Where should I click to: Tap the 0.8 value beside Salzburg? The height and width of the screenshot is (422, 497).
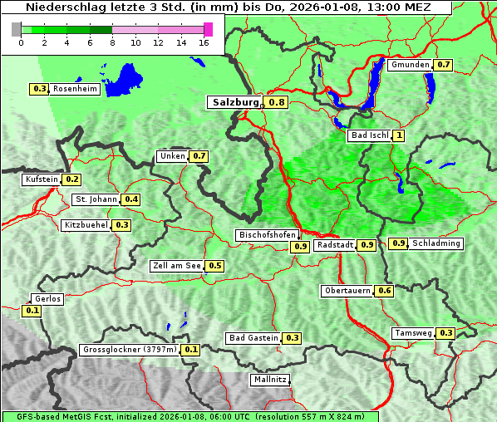coord(277,102)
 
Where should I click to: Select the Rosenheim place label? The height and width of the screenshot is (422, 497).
coord(75,89)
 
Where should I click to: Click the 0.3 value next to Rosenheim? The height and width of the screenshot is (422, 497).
coord(39,89)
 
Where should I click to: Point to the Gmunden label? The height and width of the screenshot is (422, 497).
coord(410,65)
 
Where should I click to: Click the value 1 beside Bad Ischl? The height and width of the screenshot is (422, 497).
coord(399,135)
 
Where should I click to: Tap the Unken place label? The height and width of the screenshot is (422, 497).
coord(173,156)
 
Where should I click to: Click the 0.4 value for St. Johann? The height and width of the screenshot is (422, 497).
coord(131,199)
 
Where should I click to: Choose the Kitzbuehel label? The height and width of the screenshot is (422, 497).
coord(86,225)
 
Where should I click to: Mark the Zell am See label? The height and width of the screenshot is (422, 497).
coord(177,266)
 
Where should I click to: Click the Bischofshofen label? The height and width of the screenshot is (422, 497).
coord(266,236)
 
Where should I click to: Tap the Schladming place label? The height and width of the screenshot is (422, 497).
coord(436,243)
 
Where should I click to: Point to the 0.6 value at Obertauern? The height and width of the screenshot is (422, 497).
coord(384,291)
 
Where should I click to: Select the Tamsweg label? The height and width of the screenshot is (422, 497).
coord(413,333)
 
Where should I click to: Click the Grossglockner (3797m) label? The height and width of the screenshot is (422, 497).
coord(130,350)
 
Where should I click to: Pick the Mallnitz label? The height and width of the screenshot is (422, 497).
coord(269,380)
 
